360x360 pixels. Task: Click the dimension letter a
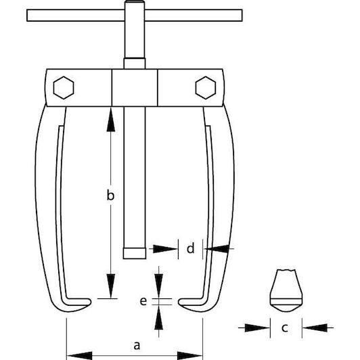(x=137, y=345)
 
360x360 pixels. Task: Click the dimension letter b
(x=110, y=196)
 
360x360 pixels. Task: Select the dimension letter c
(x=285, y=328)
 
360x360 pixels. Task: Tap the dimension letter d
(x=191, y=248)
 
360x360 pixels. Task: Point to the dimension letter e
(x=143, y=301)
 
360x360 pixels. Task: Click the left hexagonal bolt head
(x=64, y=88)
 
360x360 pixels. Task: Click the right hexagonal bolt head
(x=206, y=88)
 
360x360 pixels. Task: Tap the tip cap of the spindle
(x=135, y=253)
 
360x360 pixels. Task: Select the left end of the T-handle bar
(x=27, y=16)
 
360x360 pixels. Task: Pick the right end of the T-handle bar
(x=242, y=16)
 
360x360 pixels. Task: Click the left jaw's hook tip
(x=90, y=301)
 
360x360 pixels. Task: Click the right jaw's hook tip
(x=179, y=301)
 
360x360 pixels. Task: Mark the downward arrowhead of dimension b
(x=111, y=286)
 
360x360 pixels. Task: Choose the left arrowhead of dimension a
(x=79, y=356)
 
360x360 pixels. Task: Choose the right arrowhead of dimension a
(x=190, y=356)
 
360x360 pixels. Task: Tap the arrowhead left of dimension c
(x=257, y=328)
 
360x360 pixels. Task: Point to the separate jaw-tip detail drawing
(x=286, y=290)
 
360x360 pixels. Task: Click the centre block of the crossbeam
(x=135, y=88)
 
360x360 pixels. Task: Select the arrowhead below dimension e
(x=158, y=317)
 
